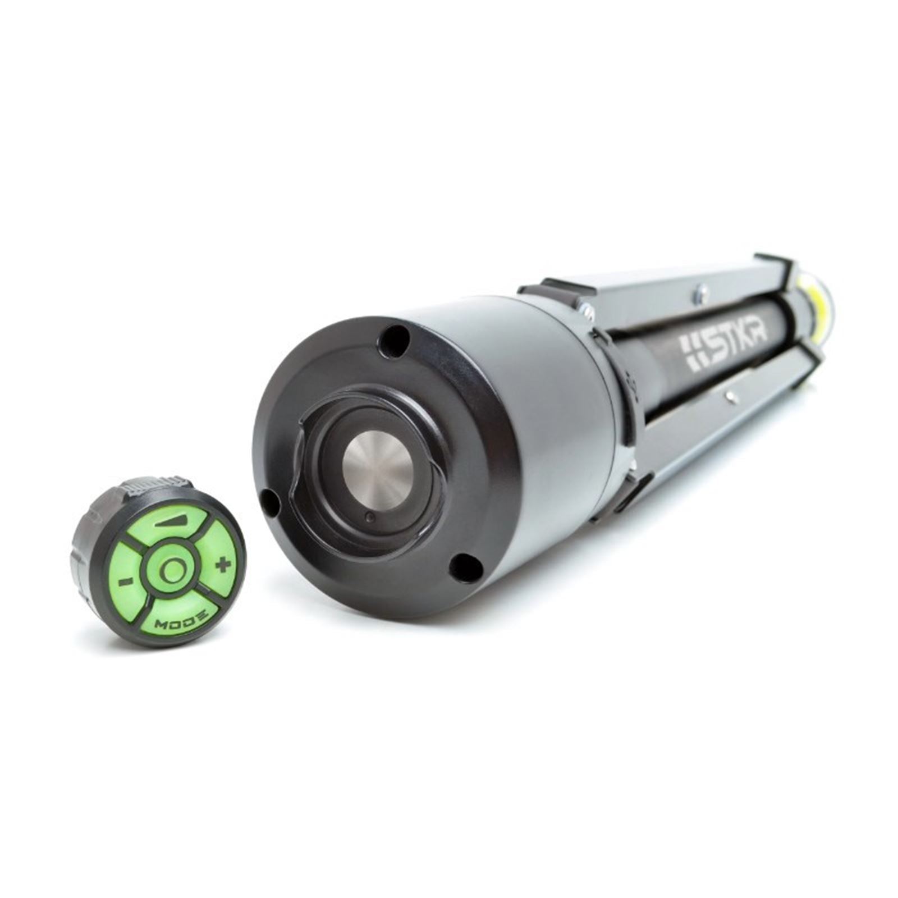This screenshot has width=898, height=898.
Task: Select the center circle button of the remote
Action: pyautogui.click(x=171, y=571)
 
